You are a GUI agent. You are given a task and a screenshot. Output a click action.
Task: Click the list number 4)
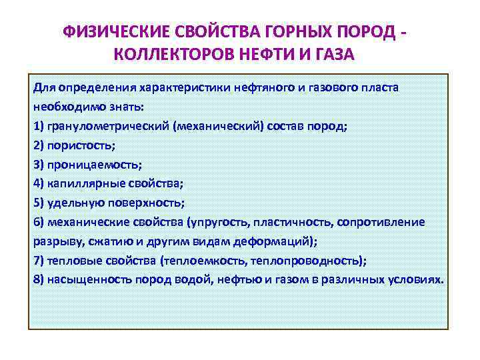pyautogui.click(x=38, y=183)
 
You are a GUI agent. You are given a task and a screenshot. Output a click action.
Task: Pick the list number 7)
pyautogui.click(x=38, y=260)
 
